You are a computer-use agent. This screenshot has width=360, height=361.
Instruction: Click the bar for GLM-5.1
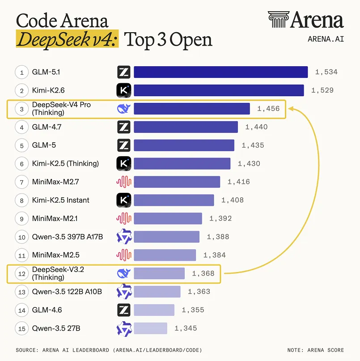(x=220, y=72)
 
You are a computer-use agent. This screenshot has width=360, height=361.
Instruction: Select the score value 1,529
(x=322, y=90)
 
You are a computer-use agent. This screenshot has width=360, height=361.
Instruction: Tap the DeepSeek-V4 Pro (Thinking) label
(x=61, y=109)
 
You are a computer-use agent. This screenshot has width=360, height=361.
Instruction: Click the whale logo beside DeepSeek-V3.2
(x=123, y=273)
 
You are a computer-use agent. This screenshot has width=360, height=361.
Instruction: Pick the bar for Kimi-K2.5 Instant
(x=174, y=200)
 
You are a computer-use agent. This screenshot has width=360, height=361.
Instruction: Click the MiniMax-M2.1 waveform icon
(x=123, y=218)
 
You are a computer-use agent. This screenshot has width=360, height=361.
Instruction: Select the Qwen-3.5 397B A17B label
(x=67, y=237)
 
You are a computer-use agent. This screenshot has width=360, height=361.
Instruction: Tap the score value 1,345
(x=186, y=328)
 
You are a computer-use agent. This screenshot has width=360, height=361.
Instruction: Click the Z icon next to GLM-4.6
(x=123, y=310)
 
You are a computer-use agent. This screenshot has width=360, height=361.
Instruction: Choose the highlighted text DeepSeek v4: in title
(x=68, y=39)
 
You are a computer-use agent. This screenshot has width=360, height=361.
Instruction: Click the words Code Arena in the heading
(x=62, y=21)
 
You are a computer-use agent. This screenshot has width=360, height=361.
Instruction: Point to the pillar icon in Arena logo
(x=278, y=20)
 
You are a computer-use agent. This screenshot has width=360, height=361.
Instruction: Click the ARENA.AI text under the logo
(x=326, y=39)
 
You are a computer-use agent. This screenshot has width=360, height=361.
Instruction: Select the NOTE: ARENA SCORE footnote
(x=315, y=350)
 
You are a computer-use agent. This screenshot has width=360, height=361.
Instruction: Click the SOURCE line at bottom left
(x=109, y=350)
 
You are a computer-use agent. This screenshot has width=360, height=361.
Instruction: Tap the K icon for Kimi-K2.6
(x=123, y=90)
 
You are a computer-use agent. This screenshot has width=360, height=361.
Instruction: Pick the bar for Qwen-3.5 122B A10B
(x=157, y=292)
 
